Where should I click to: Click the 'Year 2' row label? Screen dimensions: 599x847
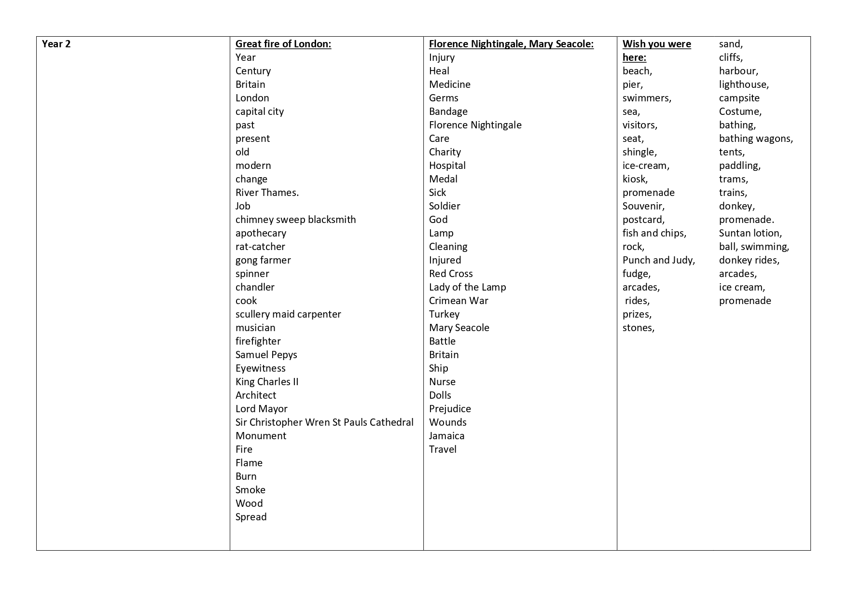click(56, 44)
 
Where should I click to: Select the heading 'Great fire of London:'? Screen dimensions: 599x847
click(283, 44)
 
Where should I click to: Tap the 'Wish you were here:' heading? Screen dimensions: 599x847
click(656, 50)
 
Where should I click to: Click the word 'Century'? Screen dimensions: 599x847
click(253, 71)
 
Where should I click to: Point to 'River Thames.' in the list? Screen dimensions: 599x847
click(267, 193)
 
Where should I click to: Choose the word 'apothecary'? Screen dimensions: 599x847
click(261, 233)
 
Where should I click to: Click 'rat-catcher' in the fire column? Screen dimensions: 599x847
click(260, 247)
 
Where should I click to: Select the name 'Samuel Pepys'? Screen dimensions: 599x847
click(266, 355)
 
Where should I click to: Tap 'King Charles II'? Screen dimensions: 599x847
click(267, 382)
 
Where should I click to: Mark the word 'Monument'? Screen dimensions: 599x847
click(261, 436)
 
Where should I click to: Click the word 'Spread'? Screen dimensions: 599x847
click(251, 517)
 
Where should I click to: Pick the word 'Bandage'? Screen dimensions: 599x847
click(448, 111)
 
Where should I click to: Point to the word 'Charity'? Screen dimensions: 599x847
click(444, 152)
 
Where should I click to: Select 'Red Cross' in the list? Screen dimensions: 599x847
click(451, 274)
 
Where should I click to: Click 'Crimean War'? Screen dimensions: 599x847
click(458, 301)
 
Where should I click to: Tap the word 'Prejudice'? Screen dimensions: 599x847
click(450, 409)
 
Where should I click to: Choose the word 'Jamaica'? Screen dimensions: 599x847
click(446, 436)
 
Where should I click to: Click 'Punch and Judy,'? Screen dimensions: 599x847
click(658, 260)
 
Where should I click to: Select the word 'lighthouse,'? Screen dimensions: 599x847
click(744, 84)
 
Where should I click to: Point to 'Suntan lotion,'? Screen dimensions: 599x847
click(750, 233)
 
